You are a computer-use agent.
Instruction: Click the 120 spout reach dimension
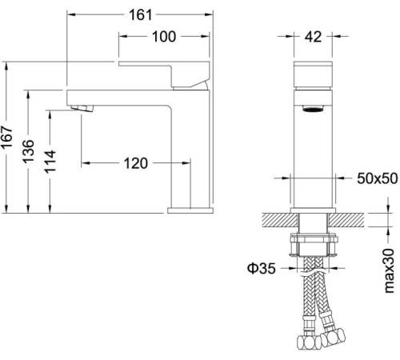[136, 163]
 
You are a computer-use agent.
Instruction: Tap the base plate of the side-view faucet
[190, 211]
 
